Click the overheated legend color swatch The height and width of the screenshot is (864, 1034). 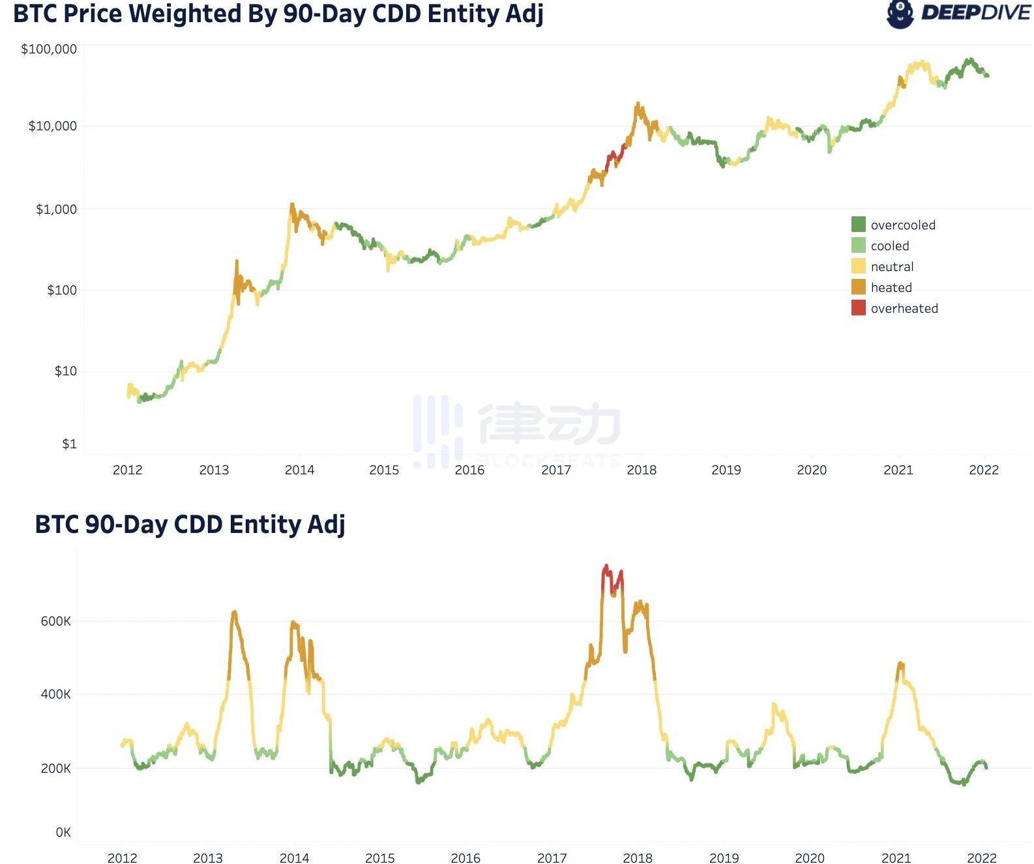(x=858, y=308)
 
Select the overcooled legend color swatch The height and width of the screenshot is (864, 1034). (x=858, y=225)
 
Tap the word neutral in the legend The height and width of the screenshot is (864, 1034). (x=892, y=266)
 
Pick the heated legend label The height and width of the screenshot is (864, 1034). (x=891, y=287)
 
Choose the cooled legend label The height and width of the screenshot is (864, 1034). (x=889, y=246)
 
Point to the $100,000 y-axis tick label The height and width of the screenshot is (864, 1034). (x=49, y=50)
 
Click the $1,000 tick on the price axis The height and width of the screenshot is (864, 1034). (x=56, y=209)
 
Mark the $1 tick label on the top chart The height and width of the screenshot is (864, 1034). (x=69, y=444)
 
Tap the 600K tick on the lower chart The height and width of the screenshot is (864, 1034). (x=55, y=621)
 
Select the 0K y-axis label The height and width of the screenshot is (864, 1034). (x=63, y=832)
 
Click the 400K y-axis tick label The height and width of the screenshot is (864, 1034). (x=55, y=694)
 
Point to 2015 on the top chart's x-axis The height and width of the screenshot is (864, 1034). (x=384, y=470)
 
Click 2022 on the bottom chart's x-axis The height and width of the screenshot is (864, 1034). (x=981, y=858)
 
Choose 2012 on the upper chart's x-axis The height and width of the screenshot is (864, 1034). (x=127, y=470)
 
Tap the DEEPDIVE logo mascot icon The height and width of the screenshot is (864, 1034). (x=900, y=14)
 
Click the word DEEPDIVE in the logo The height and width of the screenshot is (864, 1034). (x=975, y=13)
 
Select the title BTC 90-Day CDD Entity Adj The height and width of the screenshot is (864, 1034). (x=190, y=524)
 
